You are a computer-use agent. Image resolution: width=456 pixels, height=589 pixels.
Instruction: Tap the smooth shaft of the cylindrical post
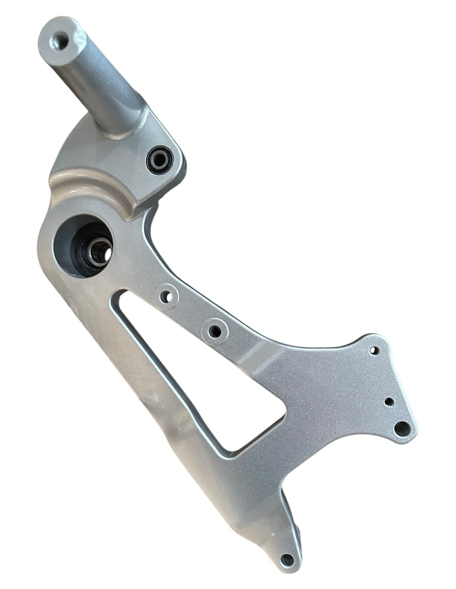(95, 81)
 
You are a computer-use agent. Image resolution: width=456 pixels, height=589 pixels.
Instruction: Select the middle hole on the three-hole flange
(389, 401)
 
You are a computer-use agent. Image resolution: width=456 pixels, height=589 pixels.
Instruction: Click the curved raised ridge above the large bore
(95, 190)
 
